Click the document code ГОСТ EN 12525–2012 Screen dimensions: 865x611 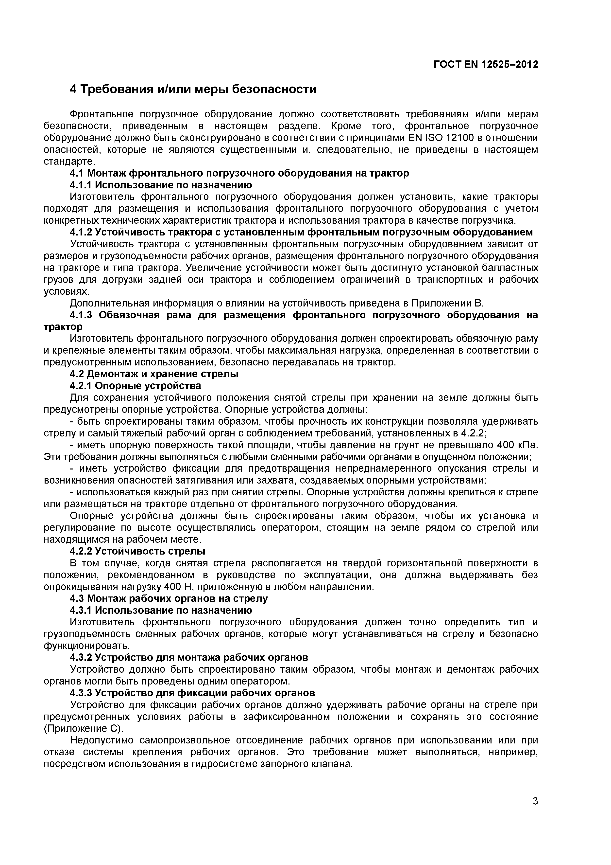(x=486, y=64)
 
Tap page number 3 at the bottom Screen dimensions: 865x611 (x=535, y=812)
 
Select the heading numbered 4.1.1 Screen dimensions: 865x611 (x=161, y=185)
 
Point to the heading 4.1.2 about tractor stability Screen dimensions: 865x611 (x=301, y=232)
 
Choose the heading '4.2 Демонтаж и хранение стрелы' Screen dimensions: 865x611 (x=154, y=374)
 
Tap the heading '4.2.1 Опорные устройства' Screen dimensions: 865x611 (x=135, y=386)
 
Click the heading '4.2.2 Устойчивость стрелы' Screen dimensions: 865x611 (x=137, y=551)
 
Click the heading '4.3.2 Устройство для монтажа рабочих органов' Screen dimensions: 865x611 (x=189, y=657)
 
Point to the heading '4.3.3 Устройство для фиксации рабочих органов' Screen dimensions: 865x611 (x=192, y=693)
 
